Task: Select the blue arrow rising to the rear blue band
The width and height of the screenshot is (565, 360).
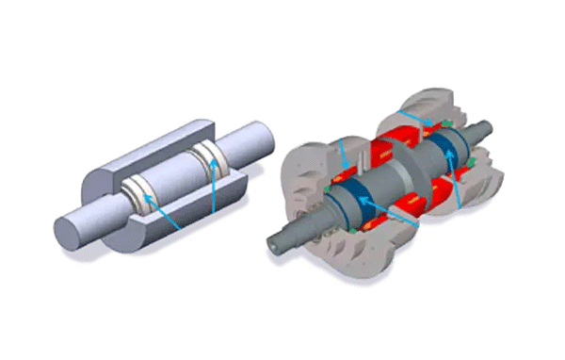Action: click(458, 184)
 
